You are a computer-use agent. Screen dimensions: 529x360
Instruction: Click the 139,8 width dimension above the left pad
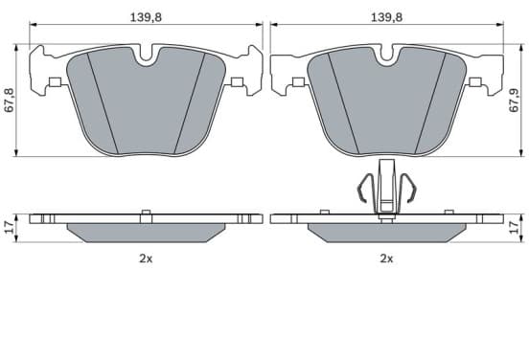coord(146,17)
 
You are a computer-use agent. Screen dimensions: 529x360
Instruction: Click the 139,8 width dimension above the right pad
coord(386,17)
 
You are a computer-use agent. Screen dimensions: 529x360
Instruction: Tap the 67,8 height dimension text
coord(10,101)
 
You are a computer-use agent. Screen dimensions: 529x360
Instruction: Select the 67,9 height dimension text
coord(515,101)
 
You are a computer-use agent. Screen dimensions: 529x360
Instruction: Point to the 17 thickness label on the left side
coord(10,228)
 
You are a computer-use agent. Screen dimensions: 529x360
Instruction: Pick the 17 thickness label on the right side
coord(515,228)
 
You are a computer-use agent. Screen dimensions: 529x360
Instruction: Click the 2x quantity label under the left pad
coord(146,259)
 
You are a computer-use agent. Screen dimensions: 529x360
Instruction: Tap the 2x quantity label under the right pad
coord(386,259)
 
